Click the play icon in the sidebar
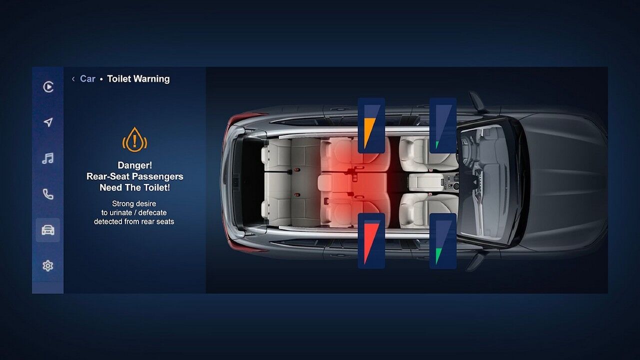48,87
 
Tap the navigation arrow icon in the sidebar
48,122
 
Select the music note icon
47,158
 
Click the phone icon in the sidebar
48,194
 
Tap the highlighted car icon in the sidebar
47,230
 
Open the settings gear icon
47,266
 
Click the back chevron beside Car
73,79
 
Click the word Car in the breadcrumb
87,79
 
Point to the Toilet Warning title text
138,79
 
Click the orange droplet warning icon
134,139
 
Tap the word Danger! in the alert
135,165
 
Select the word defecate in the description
152,212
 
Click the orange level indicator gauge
371,125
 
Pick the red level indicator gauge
371,241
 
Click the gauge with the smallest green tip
443,125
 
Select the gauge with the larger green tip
443,241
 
